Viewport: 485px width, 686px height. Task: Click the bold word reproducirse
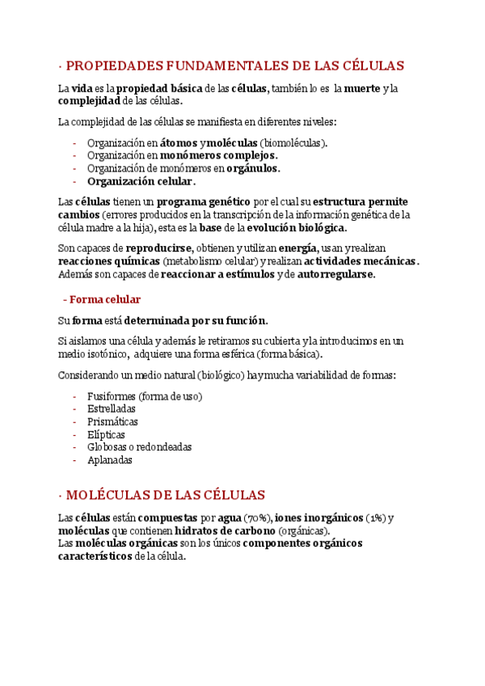158,248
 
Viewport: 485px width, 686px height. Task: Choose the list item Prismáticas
112,421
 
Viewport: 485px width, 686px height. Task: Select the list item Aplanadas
109,459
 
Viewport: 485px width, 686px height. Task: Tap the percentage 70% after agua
258,518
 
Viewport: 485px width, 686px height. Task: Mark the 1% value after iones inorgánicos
376,518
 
